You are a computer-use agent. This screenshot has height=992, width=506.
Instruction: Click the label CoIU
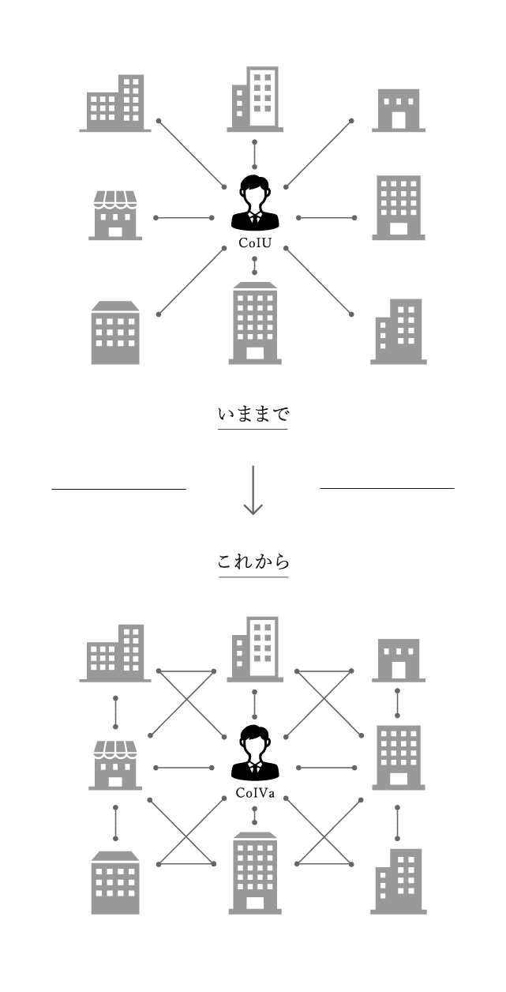click(x=254, y=242)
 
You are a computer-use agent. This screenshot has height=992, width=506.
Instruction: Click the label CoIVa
click(x=254, y=793)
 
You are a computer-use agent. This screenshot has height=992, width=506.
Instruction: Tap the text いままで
click(x=253, y=414)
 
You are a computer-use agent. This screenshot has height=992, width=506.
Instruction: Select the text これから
click(x=253, y=562)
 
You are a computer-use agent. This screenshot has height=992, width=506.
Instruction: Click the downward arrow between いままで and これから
click(x=253, y=490)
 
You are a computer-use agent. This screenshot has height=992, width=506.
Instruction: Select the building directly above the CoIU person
click(x=254, y=98)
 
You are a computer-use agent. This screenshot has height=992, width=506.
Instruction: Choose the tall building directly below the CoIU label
click(x=254, y=323)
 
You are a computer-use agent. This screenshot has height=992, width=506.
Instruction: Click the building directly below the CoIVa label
click(x=254, y=873)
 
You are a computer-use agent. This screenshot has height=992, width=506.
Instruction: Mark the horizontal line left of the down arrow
click(x=118, y=490)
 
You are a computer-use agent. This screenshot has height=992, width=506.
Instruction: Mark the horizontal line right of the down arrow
click(x=387, y=489)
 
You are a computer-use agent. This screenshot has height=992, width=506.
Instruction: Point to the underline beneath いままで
click(x=253, y=429)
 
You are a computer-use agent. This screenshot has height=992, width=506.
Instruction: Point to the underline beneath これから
click(x=253, y=577)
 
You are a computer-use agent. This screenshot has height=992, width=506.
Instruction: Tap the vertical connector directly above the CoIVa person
click(x=254, y=702)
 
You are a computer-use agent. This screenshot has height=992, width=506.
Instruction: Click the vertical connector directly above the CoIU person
click(x=254, y=152)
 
